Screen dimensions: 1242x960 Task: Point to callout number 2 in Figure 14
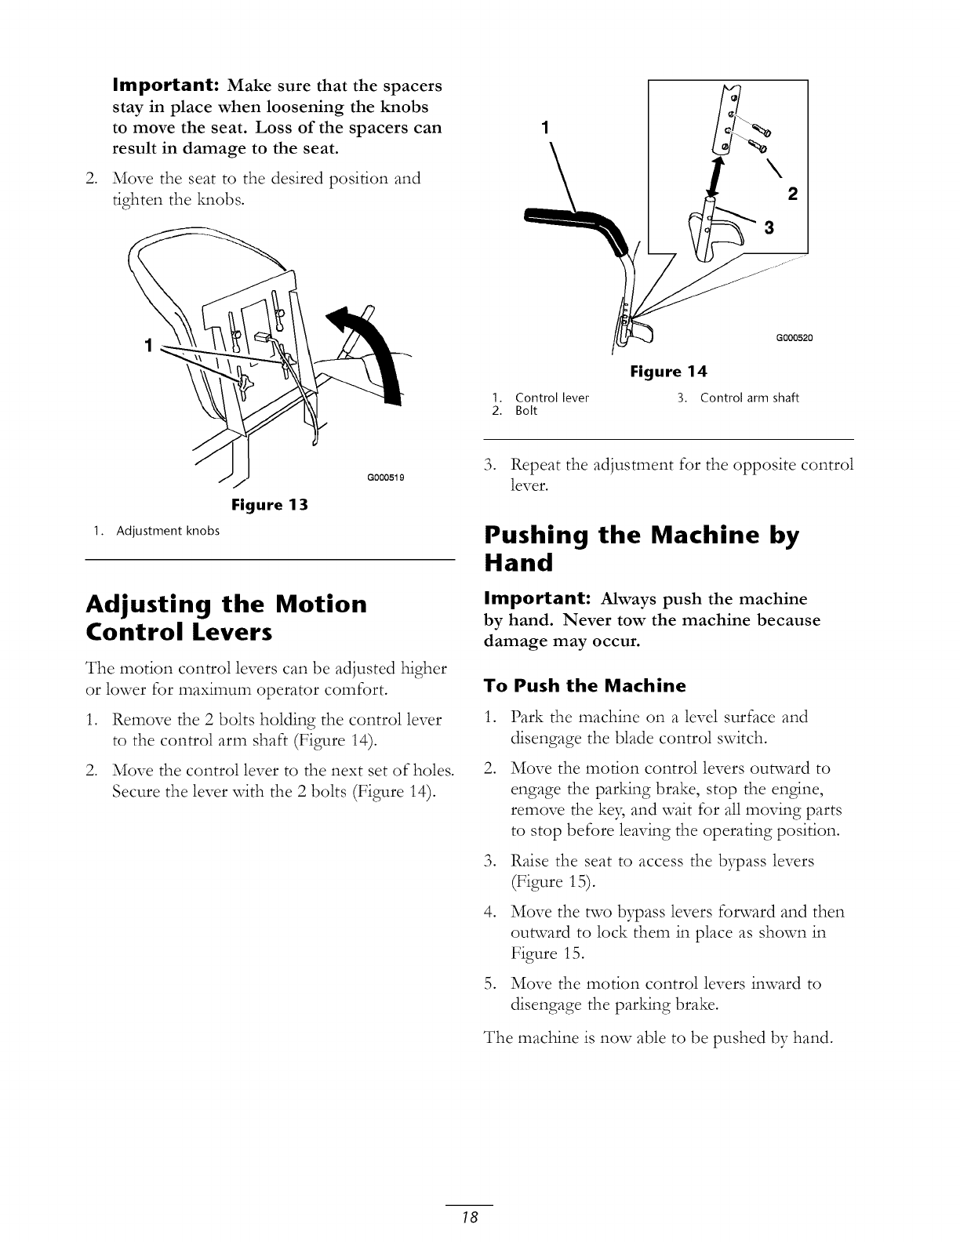pos(791,194)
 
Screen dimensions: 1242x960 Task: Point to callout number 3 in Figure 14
pos(769,227)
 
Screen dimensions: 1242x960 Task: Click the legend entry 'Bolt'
pos(526,410)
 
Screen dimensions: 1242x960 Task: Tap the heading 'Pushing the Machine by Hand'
pos(642,549)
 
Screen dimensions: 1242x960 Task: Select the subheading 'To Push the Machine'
pos(584,686)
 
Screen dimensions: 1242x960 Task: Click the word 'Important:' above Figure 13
pos(162,85)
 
